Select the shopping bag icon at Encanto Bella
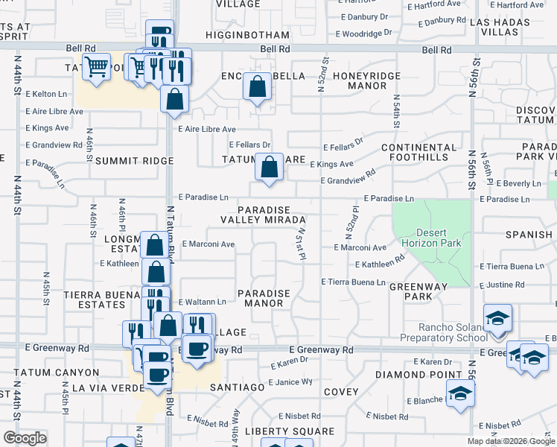(x=257, y=86)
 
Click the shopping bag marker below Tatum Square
(x=269, y=167)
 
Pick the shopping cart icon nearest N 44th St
(x=96, y=67)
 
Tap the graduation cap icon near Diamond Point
(x=460, y=393)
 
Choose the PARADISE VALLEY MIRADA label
(x=263, y=215)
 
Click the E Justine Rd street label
(x=503, y=285)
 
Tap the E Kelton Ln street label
(x=47, y=94)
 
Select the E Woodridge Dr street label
(x=364, y=34)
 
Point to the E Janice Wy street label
(x=291, y=382)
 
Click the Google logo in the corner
(x=25, y=438)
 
